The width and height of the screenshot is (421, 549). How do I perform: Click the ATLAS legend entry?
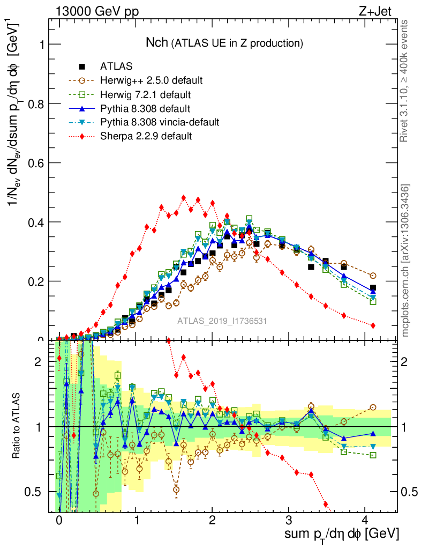pos(116,66)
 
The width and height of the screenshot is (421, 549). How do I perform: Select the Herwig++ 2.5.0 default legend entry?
pos(151,80)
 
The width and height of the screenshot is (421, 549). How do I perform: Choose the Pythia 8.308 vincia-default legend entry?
pos(160,122)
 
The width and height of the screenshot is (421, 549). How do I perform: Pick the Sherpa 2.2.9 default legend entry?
pos(146,136)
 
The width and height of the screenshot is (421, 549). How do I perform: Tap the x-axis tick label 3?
pos(289,520)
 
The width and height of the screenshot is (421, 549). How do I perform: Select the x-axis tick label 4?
pos(365,520)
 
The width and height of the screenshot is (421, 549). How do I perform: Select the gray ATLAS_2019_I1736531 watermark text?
pos(222,321)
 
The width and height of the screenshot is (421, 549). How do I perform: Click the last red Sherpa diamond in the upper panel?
pos(373,325)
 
